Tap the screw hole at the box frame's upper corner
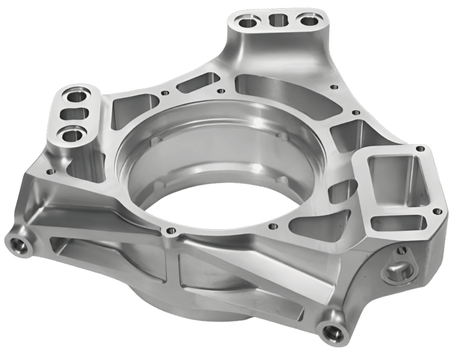pyautogui.click(x=422, y=148)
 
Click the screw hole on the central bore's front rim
pyautogui.click(x=170, y=231)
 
